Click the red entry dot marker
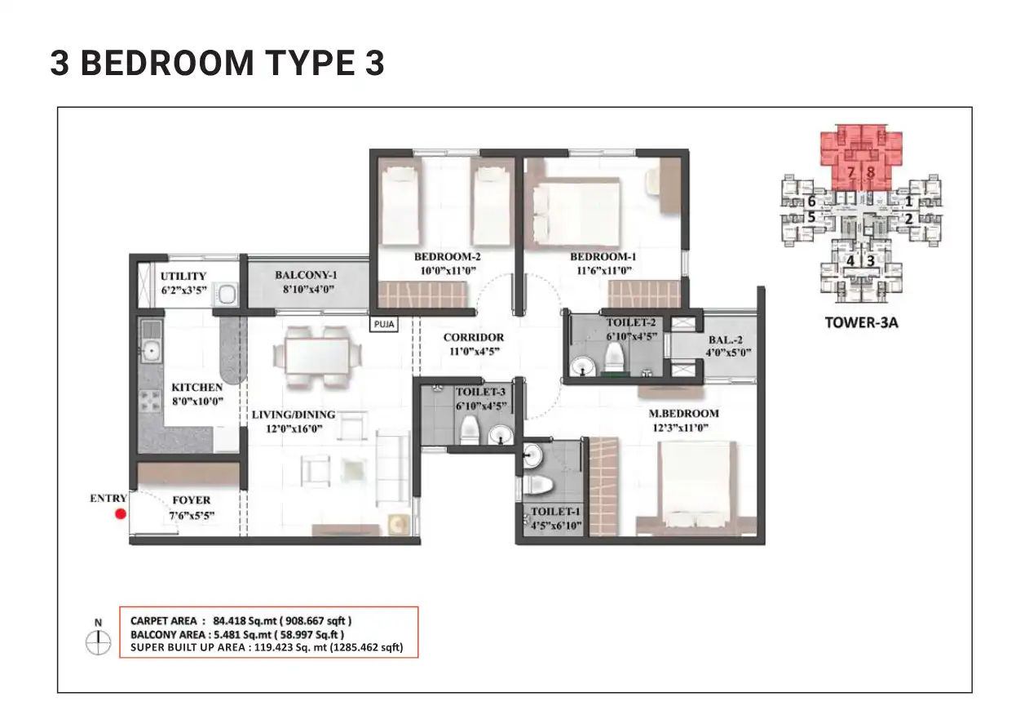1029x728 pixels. click(120, 514)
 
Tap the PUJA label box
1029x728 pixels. click(382, 323)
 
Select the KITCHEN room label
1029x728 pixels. click(197, 387)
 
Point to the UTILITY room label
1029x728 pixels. click(183, 276)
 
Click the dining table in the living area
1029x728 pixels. click(316, 354)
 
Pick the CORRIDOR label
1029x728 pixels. click(473, 337)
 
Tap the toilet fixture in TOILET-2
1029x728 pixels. click(614, 357)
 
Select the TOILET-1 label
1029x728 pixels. click(555, 512)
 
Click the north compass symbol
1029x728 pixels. click(98, 642)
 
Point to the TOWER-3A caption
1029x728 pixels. click(861, 322)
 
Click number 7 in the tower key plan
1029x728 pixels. click(850, 172)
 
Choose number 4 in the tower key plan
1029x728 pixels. click(850, 260)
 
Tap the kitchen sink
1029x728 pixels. click(150, 351)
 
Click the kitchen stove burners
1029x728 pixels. click(151, 401)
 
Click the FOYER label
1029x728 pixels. click(192, 500)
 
